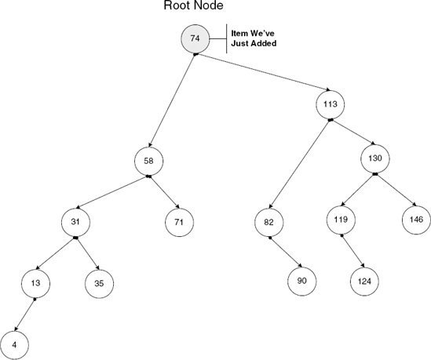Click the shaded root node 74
coord(195,38)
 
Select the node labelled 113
coord(331,103)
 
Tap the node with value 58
coord(148,161)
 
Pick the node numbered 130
coord(374,158)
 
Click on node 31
coord(75,222)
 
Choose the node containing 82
coord(268,222)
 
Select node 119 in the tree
coord(340,219)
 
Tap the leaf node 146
coord(415,219)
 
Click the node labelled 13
coord(34,282)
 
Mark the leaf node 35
coord(98,282)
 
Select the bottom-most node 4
coord(15,343)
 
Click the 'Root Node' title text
coord(192,7)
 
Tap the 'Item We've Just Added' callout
coord(254,39)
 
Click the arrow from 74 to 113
coord(263,74)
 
